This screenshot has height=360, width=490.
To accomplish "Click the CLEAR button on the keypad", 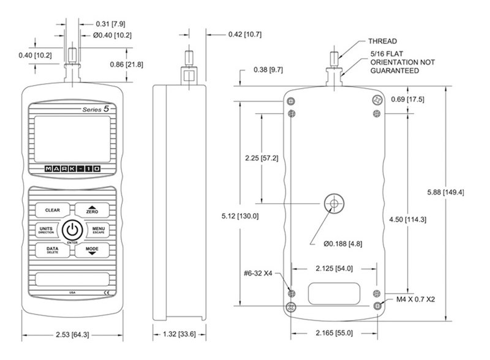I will [x=52, y=210].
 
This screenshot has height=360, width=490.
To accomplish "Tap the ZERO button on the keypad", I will [x=92, y=210].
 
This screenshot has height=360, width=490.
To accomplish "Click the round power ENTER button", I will [x=72, y=230].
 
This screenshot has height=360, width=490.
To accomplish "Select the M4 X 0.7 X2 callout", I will [x=418, y=299].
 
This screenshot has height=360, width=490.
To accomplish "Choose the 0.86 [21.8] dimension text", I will [x=157, y=63].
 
